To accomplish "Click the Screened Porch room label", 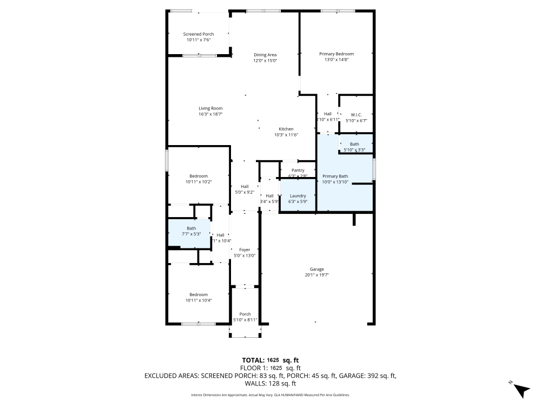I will pos(199,34).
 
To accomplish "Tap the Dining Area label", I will pos(265,55).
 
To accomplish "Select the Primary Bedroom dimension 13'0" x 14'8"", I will pos(336,60).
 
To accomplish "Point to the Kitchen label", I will pos(286,129).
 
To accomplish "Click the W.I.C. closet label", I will pos(355,114).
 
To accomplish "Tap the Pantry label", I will pos(298,171).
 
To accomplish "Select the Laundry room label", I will pos(298,196).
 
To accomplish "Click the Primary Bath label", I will pos(335,176).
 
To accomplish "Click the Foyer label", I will pos(244,250).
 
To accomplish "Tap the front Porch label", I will pos(245,314).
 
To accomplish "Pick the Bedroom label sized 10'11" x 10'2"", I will pos(199,176).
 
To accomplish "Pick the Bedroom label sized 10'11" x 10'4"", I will pos(199,294).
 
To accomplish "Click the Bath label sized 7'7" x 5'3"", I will pos(192,228).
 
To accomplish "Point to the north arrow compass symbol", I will pos(520,389).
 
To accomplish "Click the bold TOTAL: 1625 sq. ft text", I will pos(270,360).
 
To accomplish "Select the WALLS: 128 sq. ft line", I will pos(270,383).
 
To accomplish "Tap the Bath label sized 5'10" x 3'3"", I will pos(354,144).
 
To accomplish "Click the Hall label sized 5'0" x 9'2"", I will pos(245,187).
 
